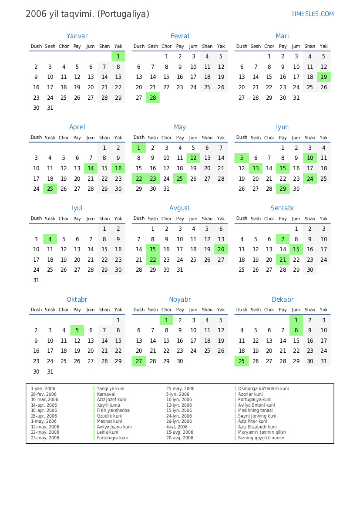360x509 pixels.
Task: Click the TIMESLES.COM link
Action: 312,14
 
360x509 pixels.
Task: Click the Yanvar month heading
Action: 77,36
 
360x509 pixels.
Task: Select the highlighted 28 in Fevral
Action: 153,98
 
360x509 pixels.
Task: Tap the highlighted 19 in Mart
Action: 323,77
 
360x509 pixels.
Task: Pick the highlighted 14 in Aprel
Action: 91,169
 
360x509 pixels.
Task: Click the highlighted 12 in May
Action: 193,158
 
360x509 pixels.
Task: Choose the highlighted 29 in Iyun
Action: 283,189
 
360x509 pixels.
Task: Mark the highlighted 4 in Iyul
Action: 50,239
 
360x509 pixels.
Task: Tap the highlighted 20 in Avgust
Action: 221,249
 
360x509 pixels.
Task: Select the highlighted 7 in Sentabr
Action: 283,239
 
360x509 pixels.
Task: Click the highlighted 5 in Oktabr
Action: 77,330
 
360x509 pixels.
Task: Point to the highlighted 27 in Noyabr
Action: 139,361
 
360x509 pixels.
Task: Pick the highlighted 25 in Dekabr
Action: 242,361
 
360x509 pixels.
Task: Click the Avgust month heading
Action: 180,208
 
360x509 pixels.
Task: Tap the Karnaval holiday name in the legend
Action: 106,394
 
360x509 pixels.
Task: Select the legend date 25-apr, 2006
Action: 44,416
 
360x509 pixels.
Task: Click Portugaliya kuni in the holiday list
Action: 255,399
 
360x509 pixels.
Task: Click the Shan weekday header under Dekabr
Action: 310,310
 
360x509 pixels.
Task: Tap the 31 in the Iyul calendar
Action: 36,280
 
